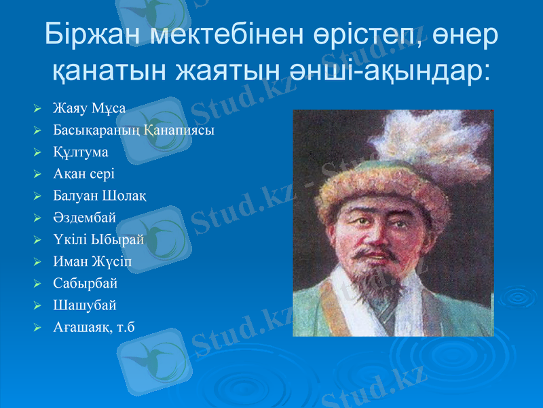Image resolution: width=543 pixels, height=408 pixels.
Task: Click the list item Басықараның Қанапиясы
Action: pyautogui.click(x=134, y=130)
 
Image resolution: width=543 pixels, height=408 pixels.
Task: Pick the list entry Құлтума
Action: pyautogui.click(x=81, y=152)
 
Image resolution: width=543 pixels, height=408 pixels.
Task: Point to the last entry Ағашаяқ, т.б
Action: pyautogui.click(x=94, y=327)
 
